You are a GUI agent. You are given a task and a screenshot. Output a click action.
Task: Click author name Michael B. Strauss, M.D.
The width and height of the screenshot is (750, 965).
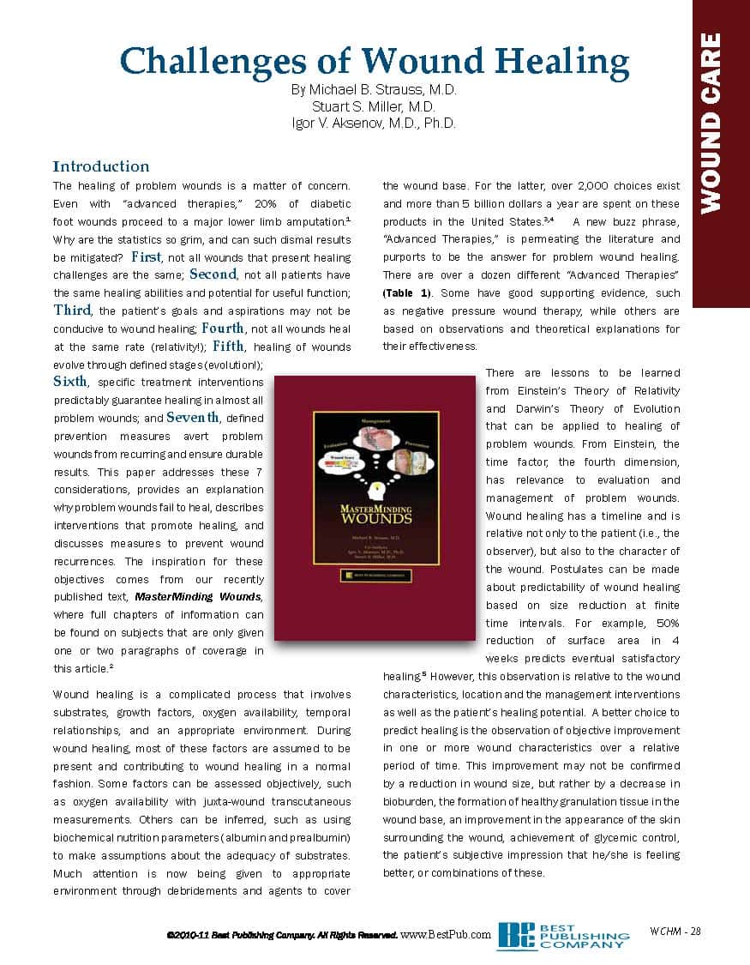click(374, 90)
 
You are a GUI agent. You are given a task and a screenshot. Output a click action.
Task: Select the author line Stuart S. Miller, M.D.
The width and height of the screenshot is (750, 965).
click(374, 106)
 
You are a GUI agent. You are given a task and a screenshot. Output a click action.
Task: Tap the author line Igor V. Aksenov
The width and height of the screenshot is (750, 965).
click(374, 123)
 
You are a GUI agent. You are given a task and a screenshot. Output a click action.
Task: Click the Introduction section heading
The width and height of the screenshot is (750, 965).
click(101, 166)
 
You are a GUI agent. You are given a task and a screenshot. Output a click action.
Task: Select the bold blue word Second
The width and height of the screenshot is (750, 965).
click(213, 274)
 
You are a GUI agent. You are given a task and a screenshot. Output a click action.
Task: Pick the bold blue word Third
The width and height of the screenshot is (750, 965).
click(72, 311)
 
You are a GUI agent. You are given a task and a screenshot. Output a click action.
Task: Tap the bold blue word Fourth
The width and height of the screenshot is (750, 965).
click(223, 329)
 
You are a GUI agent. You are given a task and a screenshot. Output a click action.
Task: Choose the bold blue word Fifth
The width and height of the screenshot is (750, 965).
click(228, 347)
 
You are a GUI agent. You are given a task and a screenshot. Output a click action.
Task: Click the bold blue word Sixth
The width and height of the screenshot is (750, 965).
click(70, 382)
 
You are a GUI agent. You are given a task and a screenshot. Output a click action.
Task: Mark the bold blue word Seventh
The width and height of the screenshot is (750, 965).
click(194, 418)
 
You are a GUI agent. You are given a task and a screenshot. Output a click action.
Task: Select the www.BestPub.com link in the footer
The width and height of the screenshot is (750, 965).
click(446, 934)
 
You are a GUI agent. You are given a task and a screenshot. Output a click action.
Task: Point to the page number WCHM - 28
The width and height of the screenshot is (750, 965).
click(676, 932)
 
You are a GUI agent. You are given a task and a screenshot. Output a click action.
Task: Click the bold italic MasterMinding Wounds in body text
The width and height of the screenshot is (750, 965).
click(199, 597)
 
